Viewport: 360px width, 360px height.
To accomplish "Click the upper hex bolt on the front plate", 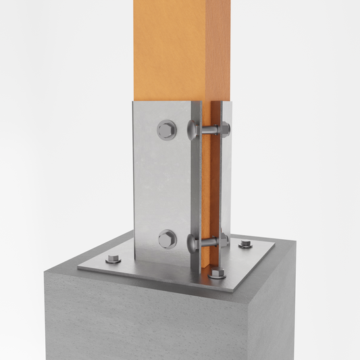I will (167, 130).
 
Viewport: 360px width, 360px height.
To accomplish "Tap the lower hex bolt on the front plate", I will (167, 238).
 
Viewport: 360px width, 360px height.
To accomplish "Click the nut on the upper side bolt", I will (224, 128).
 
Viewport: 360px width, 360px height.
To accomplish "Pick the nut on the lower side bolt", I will (224, 239).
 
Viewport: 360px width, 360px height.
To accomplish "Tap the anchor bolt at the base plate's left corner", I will (113, 258).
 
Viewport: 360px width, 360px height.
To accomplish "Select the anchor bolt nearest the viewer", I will (216, 274).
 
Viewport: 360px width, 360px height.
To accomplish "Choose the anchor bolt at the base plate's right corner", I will (246, 243).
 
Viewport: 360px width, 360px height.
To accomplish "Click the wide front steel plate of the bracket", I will (161, 182).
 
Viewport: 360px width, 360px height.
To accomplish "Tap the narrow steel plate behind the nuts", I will (226, 182).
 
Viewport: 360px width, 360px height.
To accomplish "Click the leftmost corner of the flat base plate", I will (78, 267).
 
